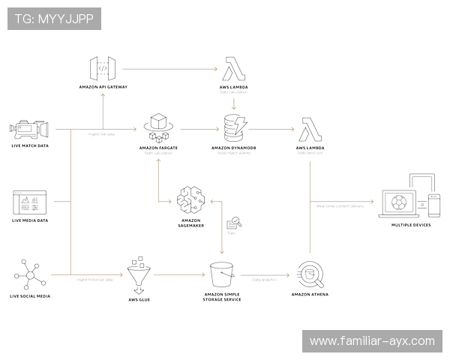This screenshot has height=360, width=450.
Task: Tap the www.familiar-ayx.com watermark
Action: tap(371, 341)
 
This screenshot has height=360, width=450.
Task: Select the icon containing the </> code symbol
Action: tap(105, 68)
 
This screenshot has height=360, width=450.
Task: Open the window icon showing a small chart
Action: tap(30, 202)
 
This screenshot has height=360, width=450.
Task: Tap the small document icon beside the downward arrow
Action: tap(235, 224)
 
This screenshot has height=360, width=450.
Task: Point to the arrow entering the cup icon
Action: tap(266, 274)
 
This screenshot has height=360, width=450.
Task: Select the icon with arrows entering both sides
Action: tap(191, 201)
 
